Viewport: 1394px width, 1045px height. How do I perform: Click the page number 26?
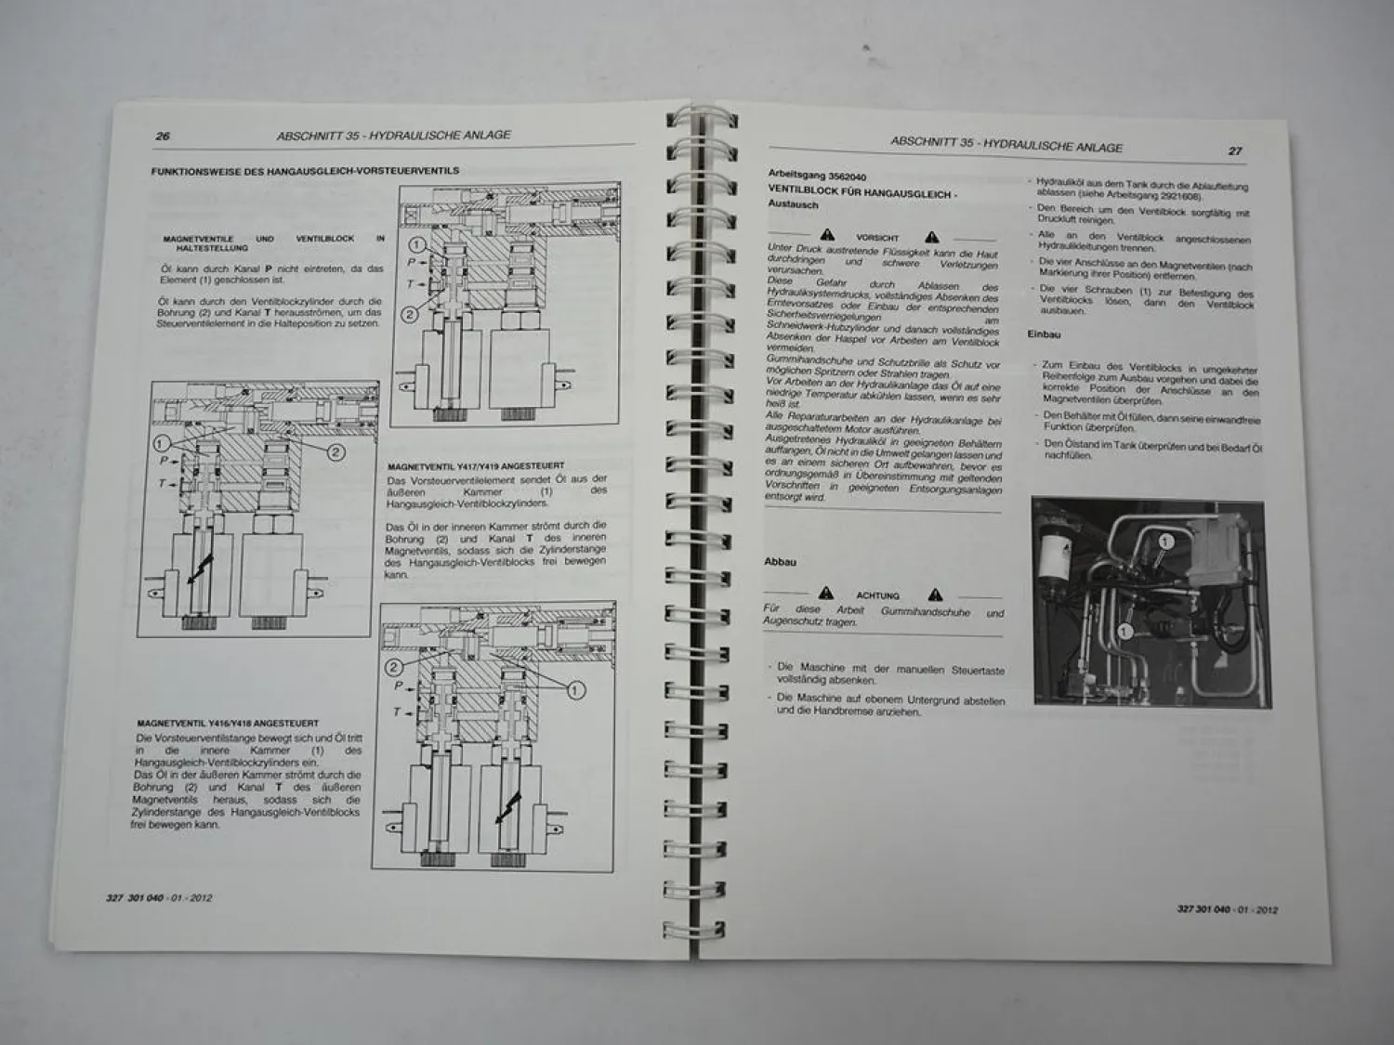pos(163,137)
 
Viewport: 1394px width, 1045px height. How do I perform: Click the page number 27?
pos(1235,150)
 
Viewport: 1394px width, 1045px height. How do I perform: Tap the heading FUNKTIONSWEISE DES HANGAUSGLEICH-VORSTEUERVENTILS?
pos(305,171)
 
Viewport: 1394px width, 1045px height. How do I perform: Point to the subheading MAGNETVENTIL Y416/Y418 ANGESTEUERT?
pos(227,723)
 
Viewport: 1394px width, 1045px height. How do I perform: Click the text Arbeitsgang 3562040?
pos(811,175)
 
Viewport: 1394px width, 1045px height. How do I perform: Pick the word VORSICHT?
pos(878,238)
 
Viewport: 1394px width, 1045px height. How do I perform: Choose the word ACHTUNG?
pos(877,595)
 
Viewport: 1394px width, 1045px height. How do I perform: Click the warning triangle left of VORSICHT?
pos(827,236)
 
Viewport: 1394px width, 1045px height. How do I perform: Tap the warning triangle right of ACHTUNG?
pos(935,594)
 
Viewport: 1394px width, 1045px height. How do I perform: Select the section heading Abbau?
pos(780,562)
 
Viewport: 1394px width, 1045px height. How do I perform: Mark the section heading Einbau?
pos(1044,333)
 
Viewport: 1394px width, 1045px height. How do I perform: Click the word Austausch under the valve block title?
pos(793,204)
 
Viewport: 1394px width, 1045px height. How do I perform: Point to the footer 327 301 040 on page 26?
pos(136,898)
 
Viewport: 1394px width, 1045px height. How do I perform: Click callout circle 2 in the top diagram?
pos(410,314)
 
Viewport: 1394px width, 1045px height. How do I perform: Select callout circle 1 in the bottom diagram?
pos(574,689)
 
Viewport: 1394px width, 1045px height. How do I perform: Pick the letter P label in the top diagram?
pos(411,262)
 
